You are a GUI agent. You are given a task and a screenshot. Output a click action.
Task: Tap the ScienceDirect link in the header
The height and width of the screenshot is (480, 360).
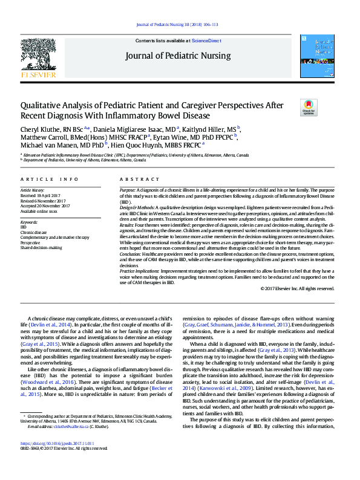pyautogui.click(x=206, y=41)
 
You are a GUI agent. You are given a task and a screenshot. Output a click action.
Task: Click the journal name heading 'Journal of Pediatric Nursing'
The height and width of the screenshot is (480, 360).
pyautogui.click(x=178, y=56)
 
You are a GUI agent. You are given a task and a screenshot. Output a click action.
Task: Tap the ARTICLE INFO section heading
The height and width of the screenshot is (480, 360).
pyautogui.click(x=49, y=180)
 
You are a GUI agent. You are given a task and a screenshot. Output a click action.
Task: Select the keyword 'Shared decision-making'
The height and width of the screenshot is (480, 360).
pyautogui.click(x=41, y=247)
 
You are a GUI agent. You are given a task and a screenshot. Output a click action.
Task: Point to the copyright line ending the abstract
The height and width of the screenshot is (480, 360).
pyautogui.click(x=297, y=288)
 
